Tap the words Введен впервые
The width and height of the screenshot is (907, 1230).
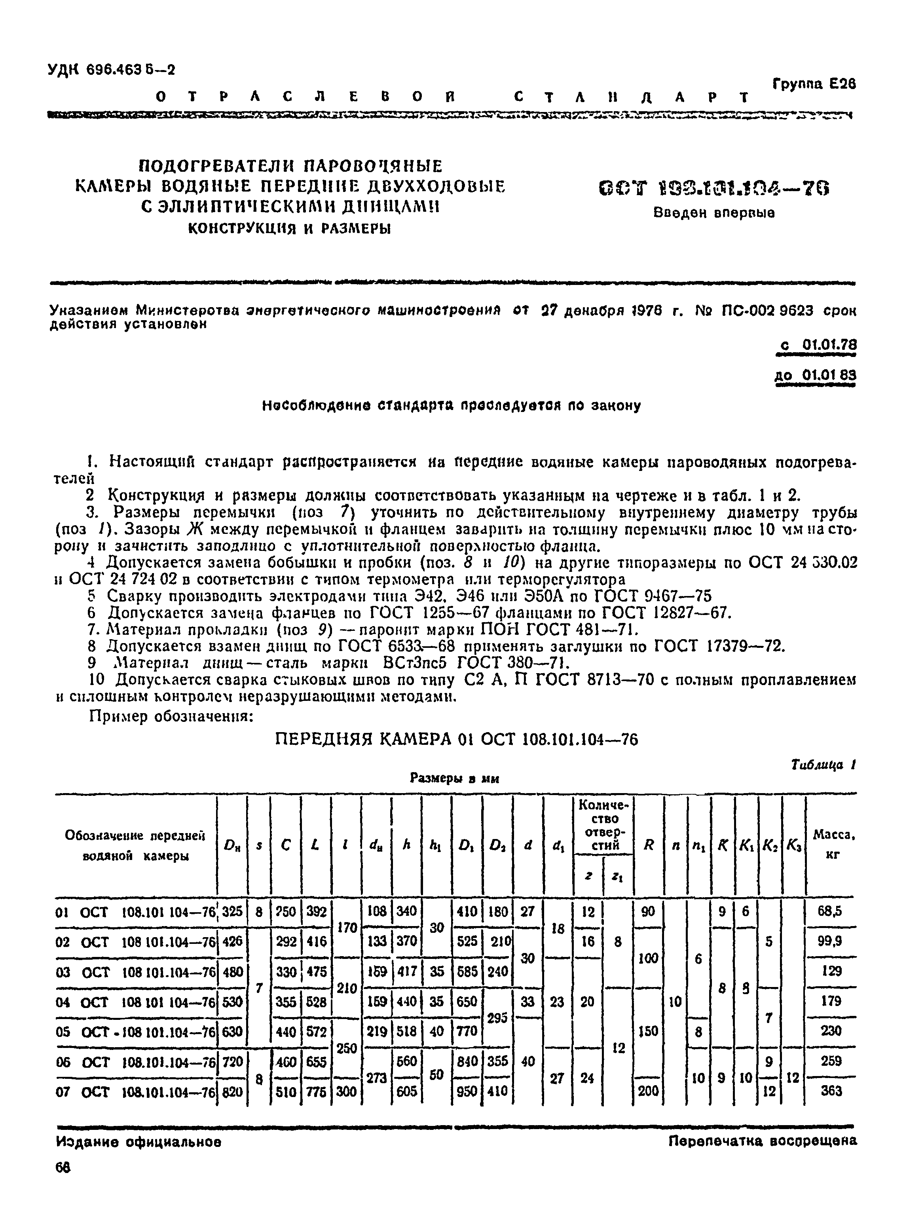(714, 213)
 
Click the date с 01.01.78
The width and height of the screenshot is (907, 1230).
(818, 345)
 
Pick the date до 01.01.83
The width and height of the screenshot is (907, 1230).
(815, 376)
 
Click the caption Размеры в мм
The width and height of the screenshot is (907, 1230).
(454, 778)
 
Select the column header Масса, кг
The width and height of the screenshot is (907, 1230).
(833, 845)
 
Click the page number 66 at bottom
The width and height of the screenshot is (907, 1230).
(63, 1182)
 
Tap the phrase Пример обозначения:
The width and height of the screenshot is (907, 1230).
(170, 717)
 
